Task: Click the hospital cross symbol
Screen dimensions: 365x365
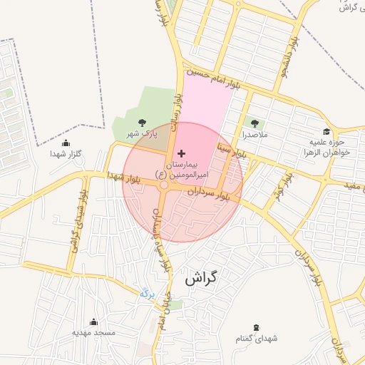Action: point(181,153)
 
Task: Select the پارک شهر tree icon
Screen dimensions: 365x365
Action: point(141,123)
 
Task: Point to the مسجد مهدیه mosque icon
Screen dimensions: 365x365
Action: point(93,322)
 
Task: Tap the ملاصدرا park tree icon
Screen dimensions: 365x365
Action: point(255,123)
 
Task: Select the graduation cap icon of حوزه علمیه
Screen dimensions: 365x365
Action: point(327,132)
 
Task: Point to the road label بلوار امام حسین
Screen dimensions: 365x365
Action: point(214,78)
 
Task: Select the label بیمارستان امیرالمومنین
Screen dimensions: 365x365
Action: point(181,169)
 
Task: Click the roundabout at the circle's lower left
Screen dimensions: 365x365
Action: point(165,185)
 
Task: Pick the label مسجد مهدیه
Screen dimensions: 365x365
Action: point(93,333)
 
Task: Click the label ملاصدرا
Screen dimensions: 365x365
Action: point(255,134)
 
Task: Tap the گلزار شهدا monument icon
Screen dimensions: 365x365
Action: point(66,143)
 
